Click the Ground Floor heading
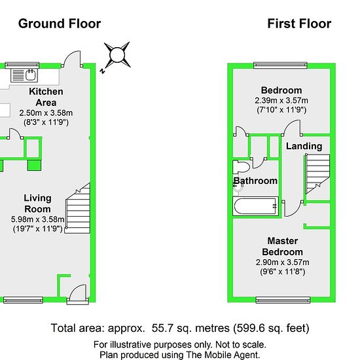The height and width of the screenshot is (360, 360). [60, 24]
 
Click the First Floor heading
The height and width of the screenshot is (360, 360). [299, 24]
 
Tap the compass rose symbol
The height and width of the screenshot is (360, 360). [117, 56]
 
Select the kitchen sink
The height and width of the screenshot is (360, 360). [24, 75]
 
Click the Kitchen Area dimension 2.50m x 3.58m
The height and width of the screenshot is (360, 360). [46, 113]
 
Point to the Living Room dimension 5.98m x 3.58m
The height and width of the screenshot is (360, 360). [38, 219]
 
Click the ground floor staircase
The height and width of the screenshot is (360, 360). [78, 208]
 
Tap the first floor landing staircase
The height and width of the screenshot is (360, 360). [317, 174]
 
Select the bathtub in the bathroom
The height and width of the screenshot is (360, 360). [255, 206]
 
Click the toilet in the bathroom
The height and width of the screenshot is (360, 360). [241, 167]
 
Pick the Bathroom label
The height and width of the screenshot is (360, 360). [255, 181]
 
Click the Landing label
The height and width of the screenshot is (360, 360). [304, 146]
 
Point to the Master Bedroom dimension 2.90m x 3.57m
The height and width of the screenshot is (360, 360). [282, 262]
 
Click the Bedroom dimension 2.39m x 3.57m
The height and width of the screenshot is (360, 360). [281, 100]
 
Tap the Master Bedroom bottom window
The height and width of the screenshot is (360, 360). [283, 300]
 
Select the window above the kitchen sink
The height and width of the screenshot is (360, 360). [22, 65]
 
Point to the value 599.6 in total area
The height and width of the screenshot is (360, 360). [252, 328]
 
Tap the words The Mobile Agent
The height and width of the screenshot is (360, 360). [223, 355]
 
